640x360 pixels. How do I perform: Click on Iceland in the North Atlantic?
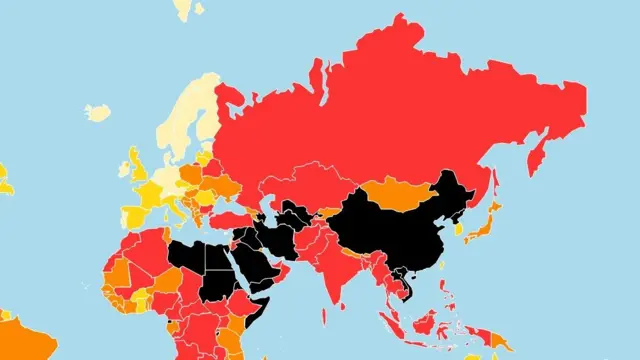click(x=97, y=112)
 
